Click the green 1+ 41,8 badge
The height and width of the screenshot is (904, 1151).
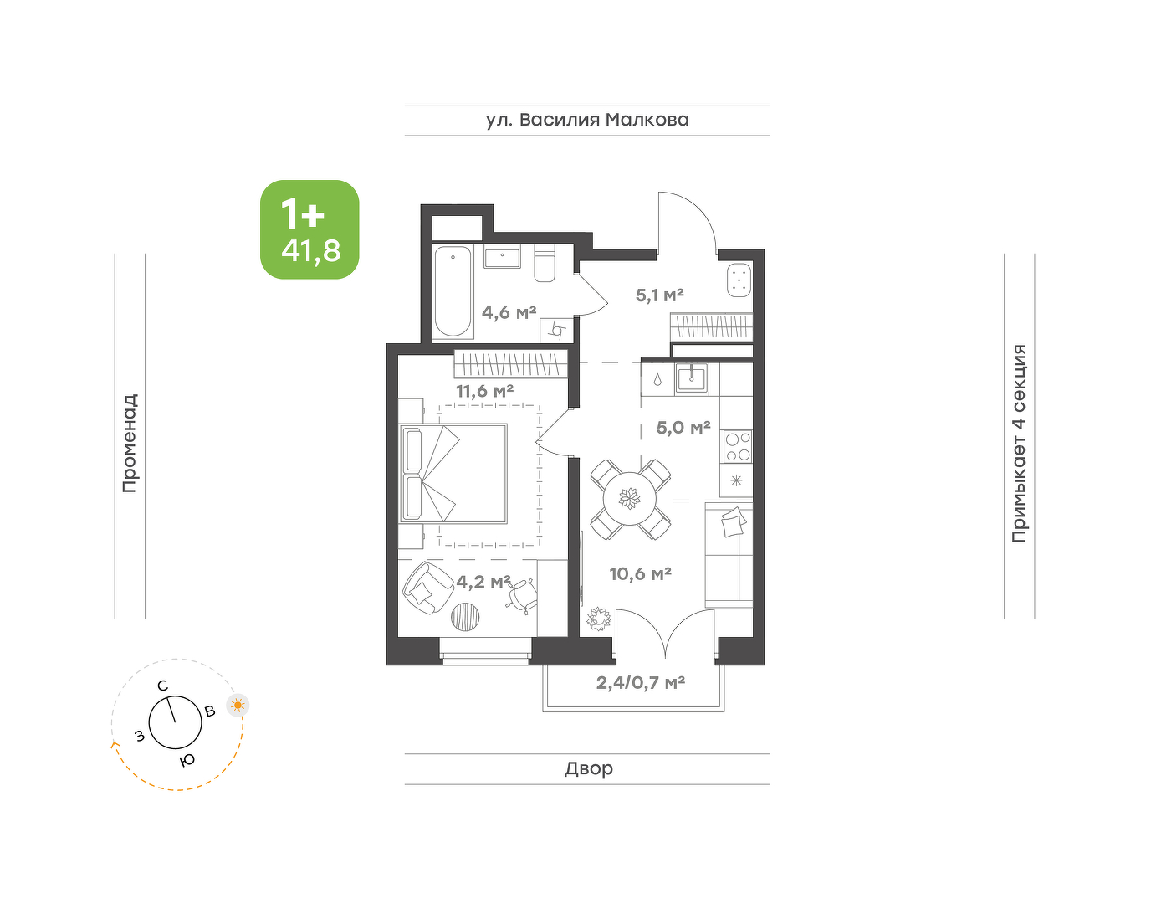click(309, 229)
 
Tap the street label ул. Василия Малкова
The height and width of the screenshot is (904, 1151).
click(587, 120)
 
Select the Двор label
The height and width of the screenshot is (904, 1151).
click(589, 768)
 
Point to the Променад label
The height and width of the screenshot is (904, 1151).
click(130, 443)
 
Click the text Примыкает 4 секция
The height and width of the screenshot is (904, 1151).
click(1019, 444)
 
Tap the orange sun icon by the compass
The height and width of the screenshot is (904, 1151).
click(238, 706)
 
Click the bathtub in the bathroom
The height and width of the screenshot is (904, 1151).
click(453, 291)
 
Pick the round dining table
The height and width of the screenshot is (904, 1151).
click(630, 499)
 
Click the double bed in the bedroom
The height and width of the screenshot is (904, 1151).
click(453, 473)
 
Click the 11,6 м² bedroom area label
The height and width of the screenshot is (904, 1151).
click(484, 392)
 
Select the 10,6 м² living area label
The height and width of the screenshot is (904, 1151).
click(641, 573)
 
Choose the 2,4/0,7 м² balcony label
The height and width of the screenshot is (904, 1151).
click(641, 682)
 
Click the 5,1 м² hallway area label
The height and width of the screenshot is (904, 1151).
click(659, 295)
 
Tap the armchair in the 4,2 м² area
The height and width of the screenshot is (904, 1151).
click(427, 588)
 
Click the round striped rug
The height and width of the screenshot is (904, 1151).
click(466, 616)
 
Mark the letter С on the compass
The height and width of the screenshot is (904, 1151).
click(162, 686)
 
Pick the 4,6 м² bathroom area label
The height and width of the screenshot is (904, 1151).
click(509, 313)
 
